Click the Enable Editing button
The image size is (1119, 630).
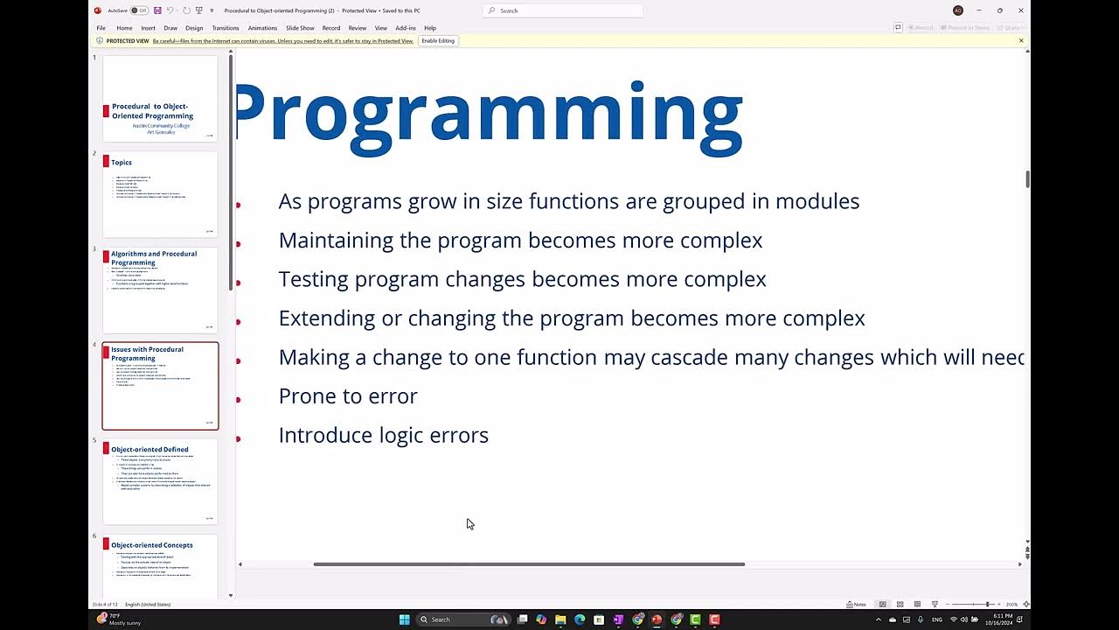[x=438, y=41]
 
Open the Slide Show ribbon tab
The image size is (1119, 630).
[x=300, y=28]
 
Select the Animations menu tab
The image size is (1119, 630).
[x=262, y=28]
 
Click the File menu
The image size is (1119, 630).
[x=101, y=28]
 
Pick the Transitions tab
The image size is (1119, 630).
[x=226, y=28]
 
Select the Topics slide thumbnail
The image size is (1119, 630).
[x=160, y=194]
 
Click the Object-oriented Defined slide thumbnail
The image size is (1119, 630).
[x=160, y=481]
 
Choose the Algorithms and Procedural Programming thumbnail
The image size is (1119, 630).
[x=160, y=290]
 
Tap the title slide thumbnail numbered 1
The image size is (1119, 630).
[x=160, y=98]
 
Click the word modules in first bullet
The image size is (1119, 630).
[x=817, y=201]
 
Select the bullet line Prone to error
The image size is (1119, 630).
[x=348, y=396]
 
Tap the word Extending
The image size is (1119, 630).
[x=327, y=318]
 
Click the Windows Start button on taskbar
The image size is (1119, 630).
[x=404, y=619]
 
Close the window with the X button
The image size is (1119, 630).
[x=1020, y=10]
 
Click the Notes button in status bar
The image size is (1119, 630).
[x=857, y=605]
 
